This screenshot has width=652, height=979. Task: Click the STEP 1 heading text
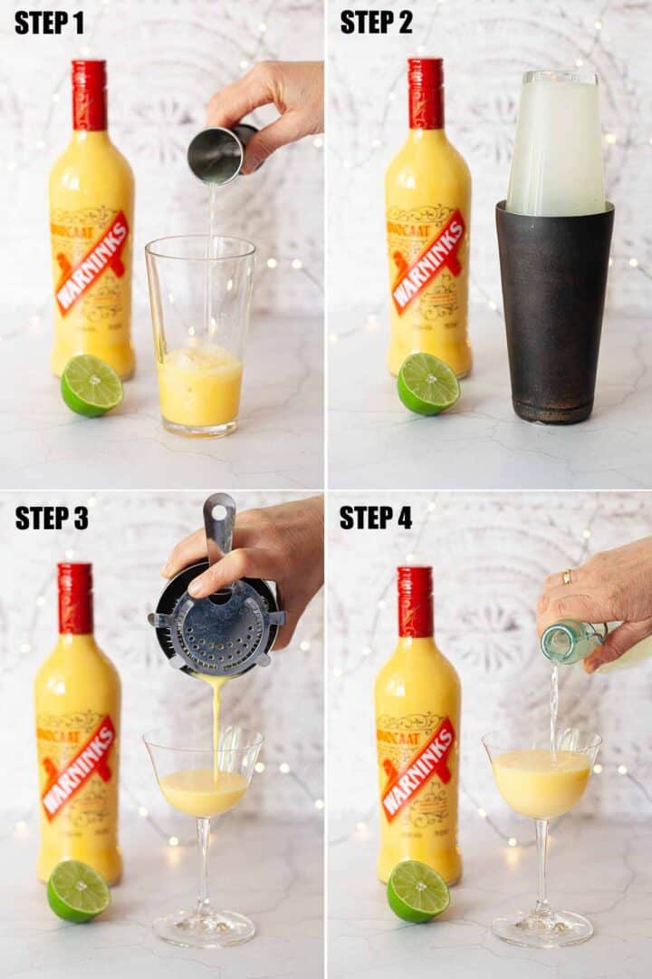tap(51, 23)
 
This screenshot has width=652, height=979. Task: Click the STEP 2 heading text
tap(377, 23)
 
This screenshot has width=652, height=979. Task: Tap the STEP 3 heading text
tap(52, 518)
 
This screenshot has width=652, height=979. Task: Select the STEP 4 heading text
tap(376, 518)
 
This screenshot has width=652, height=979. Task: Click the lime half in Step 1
tap(91, 385)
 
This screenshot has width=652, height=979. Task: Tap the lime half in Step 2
tap(428, 383)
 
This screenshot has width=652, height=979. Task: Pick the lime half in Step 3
tap(78, 890)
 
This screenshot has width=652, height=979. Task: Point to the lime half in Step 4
tap(418, 891)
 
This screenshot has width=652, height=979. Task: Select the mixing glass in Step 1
tap(200, 335)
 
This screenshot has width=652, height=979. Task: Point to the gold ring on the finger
tap(567, 577)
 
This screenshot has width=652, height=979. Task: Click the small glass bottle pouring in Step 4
tap(570, 641)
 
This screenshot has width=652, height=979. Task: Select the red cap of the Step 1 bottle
tap(90, 95)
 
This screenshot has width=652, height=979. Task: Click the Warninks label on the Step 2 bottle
tap(427, 260)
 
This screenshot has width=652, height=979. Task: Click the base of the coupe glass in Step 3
tap(204, 927)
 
